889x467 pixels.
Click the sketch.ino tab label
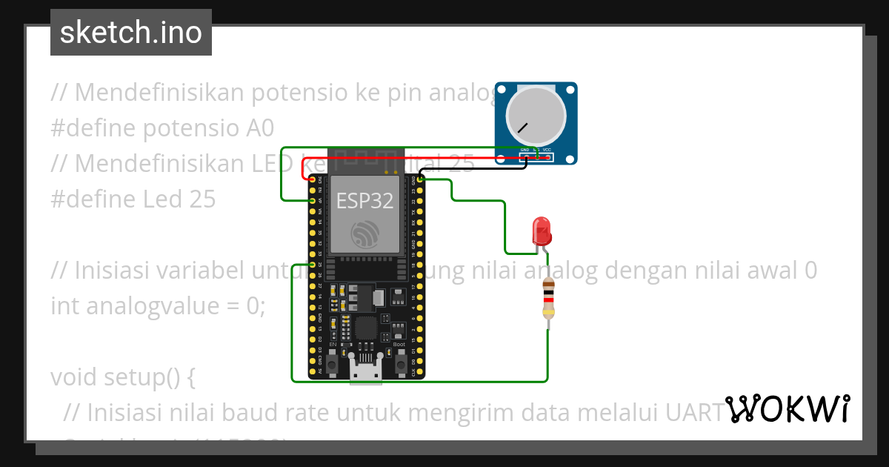click(x=131, y=33)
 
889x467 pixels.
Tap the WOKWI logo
click(x=788, y=409)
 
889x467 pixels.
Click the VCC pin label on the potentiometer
click(x=547, y=150)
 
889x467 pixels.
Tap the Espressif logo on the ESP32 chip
click(x=365, y=235)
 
